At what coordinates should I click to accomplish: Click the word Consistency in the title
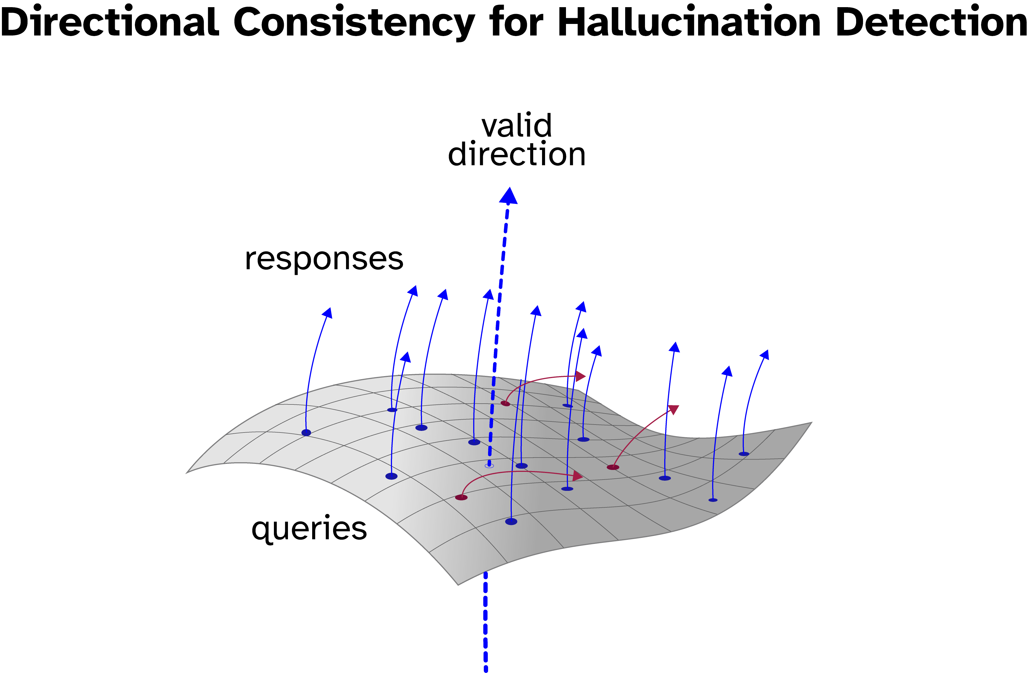[x=354, y=23]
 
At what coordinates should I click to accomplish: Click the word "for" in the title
[x=516, y=23]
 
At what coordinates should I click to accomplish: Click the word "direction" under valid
[x=517, y=154]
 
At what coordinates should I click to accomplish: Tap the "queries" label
[x=309, y=529]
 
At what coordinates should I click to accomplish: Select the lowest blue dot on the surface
[x=511, y=522]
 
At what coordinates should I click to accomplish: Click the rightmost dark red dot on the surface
[x=613, y=467]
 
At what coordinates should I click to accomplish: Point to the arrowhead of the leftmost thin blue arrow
[x=328, y=313]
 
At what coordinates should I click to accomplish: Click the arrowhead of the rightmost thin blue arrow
[x=765, y=354]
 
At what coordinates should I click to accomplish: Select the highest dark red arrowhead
[x=581, y=376]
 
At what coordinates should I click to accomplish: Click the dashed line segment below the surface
[x=486, y=622]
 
